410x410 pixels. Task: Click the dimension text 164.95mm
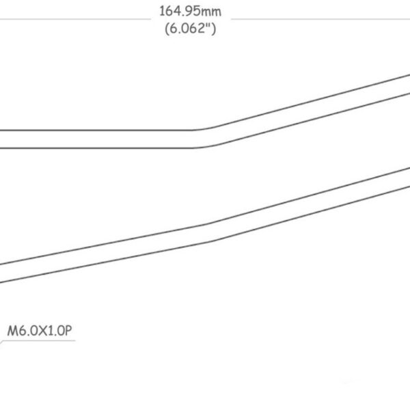[x=191, y=12]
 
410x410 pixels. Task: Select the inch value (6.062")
[x=191, y=28]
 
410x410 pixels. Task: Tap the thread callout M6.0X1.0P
[x=40, y=331]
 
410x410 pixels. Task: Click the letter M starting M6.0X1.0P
[x=12, y=331]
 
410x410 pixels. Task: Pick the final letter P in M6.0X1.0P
[x=68, y=331]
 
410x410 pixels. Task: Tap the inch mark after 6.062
[x=208, y=25]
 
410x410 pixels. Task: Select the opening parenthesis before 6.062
[x=167, y=29]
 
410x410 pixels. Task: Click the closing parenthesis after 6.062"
[x=214, y=29]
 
